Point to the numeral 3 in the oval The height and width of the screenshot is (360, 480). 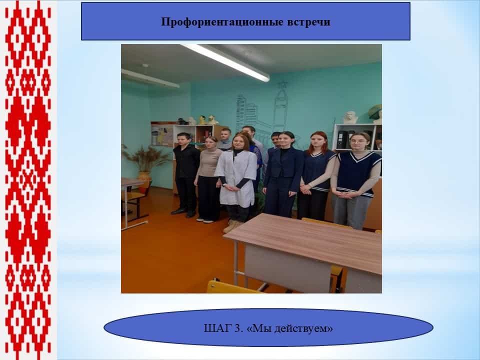tap(237, 328)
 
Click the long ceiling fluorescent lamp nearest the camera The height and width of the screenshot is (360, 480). tap(225, 62)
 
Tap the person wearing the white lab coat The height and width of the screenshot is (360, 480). tap(235, 180)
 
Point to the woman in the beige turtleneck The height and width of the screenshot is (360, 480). tap(208, 179)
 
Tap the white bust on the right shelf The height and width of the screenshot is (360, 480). tap(350, 117)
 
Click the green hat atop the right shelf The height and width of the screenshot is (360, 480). tap(375, 111)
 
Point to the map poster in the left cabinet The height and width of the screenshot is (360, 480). tap(162, 134)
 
